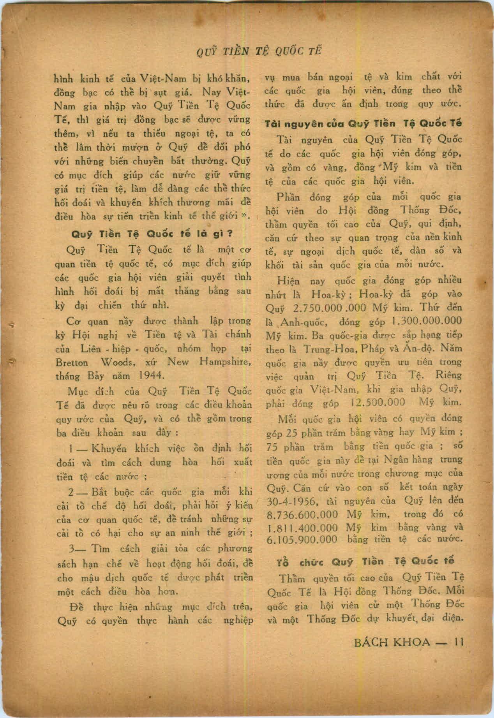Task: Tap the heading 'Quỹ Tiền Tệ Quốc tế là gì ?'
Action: [x=152, y=234]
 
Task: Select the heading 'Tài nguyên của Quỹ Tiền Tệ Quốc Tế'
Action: [x=363, y=124]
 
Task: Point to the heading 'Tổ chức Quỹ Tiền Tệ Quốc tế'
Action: [x=365, y=562]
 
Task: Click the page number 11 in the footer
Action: [x=459, y=642]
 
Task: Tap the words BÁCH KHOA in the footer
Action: [x=392, y=642]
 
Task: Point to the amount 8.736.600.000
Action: [x=303, y=515]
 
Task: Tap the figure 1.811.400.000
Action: [x=303, y=528]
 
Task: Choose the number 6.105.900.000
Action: [x=303, y=540]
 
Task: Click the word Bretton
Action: [x=72, y=363]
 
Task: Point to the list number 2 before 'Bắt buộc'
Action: [x=71, y=492]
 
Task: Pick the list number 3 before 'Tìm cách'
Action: [x=71, y=549]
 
